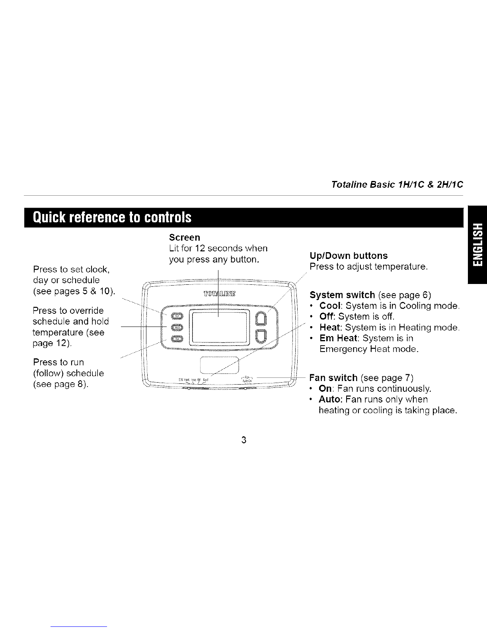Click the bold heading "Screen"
point(184,237)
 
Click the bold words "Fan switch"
point(333,377)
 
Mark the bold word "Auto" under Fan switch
point(330,399)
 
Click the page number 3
point(244,440)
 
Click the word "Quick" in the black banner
point(49,217)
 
